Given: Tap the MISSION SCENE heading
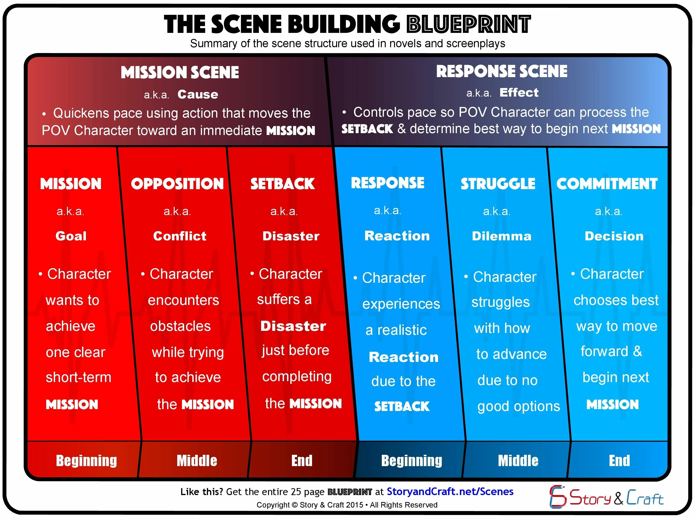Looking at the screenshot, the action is [180, 72].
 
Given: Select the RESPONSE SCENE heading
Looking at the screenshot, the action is [502, 71].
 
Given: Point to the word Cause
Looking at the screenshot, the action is [198, 94].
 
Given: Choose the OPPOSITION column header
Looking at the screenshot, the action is [177, 184].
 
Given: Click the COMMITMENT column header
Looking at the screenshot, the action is [607, 184].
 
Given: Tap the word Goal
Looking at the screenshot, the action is [71, 236].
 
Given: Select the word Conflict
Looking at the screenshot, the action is [180, 236].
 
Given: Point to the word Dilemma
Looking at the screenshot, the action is [502, 236].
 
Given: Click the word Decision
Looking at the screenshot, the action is [614, 236].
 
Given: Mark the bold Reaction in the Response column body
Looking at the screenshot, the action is [403, 357].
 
